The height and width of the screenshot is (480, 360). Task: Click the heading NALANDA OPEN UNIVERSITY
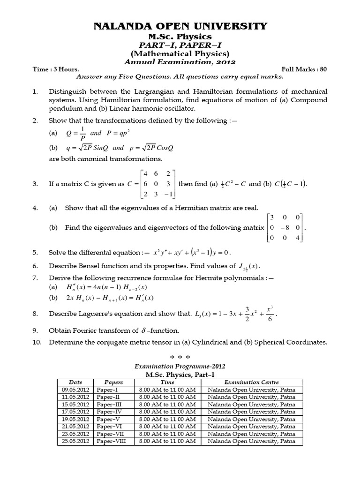tap(180, 26)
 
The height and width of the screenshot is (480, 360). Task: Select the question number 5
tap(35, 253)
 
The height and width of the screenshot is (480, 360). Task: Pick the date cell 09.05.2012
tap(75, 390)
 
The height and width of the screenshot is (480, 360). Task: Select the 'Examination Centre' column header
tap(251, 382)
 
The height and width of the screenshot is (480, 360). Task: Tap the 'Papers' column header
tap(113, 382)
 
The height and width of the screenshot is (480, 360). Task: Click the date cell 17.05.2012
tap(75, 412)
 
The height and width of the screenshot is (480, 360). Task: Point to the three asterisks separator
tap(180, 357)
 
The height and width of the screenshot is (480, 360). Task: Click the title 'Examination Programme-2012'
tap(180, 367)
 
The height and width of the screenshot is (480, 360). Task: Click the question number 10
tap(37, 342)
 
